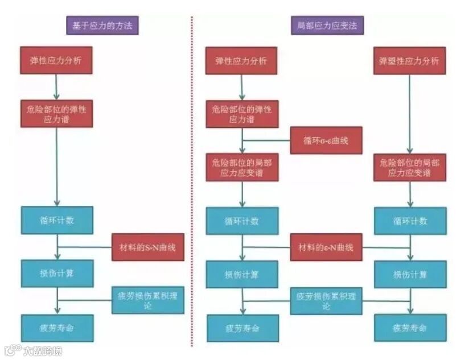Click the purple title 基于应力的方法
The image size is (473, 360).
102,26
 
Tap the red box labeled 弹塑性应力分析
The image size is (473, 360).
409,61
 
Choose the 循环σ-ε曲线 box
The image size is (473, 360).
326,140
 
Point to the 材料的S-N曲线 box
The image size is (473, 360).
148,247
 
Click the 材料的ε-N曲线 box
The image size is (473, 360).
326,247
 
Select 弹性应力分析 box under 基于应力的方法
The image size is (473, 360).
56,60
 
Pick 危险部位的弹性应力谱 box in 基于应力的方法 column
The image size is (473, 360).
56,114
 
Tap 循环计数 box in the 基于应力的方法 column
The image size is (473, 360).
57,220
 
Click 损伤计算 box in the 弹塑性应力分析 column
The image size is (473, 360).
410,274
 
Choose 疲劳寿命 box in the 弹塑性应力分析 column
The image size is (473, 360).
410,328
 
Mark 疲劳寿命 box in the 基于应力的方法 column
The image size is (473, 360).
57,328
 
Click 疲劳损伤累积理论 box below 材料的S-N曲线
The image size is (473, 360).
148,300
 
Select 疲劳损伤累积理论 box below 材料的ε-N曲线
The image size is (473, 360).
326,300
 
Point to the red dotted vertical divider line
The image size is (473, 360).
192,182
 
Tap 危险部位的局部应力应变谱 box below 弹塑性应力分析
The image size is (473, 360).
410,167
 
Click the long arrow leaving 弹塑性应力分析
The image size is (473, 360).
409,114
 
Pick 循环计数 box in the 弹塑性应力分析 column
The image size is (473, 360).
410,221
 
